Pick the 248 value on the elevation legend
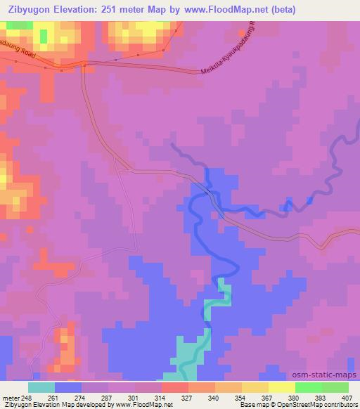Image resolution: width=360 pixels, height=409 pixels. [25, 398]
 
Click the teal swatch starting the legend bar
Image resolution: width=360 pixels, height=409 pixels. [41, 387]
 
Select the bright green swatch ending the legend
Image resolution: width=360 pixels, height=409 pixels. [335, 387]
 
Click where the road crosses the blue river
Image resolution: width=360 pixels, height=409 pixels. [210, 190]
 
